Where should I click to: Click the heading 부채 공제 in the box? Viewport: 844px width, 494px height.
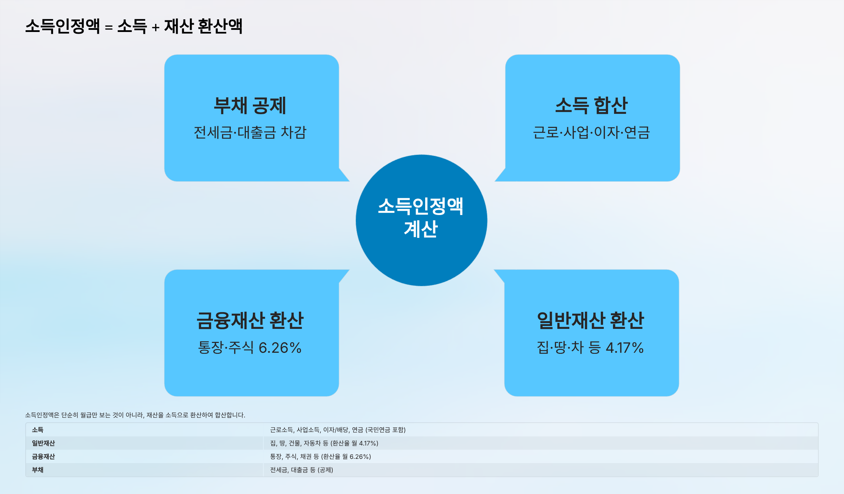click(250, 105)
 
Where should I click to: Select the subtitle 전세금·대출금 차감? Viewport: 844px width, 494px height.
click(250, 132)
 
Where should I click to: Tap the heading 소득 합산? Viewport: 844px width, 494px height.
click(592, 105)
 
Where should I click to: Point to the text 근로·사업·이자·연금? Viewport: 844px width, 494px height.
click(592, 132)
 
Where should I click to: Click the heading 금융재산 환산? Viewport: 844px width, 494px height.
click(250, 320)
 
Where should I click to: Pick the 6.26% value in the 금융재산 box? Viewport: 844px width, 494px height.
click(280, 348)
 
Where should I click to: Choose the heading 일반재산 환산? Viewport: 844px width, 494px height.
click(590, 320)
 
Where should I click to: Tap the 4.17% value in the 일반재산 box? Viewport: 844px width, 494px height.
click(625, 348)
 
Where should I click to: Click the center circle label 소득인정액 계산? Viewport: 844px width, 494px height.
click(421, 218)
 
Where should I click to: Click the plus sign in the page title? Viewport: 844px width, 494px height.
click(155, 27)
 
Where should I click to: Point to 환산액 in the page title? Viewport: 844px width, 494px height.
click(220, 26)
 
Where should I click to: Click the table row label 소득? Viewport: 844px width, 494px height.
click(38, 430)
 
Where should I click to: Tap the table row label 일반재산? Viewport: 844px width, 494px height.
click(43, 443)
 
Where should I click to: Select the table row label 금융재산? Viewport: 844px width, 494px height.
click(43, 456)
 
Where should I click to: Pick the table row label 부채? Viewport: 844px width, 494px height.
click(38, 470)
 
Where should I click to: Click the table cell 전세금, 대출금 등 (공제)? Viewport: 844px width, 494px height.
click(301, 470)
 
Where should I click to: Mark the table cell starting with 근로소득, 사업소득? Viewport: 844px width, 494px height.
click(338, 430)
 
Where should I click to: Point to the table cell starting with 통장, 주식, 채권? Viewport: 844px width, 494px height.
click(320, 456)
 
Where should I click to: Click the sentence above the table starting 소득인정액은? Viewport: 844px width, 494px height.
click(135, 415)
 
